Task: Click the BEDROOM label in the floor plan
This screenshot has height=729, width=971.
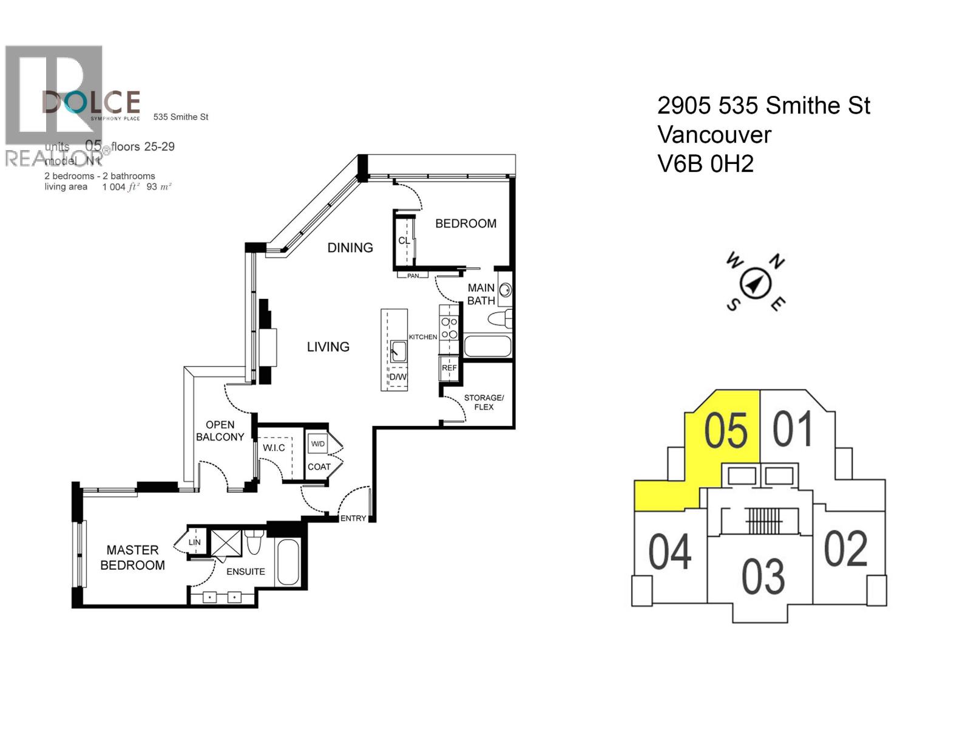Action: coord(465,224)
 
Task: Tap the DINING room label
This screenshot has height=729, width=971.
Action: coord(350,248)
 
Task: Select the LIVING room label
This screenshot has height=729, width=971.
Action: coord(328,347)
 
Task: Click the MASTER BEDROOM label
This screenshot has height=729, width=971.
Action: coord(132,558)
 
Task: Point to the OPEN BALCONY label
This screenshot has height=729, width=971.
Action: coord(220,431)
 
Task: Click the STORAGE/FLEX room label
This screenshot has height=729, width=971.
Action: coord(484,402)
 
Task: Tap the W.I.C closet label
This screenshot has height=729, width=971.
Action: coord(274,448)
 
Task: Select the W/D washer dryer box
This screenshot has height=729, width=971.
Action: coord(317,443)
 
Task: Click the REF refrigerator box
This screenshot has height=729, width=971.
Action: coord(449,368)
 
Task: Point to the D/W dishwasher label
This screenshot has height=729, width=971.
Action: coord(398,377)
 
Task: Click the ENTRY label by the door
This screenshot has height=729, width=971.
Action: coord(353,518)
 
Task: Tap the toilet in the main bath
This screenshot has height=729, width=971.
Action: coord(501,320)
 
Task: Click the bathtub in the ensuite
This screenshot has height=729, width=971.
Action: coord(288,562)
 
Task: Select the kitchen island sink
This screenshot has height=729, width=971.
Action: coord(398,351)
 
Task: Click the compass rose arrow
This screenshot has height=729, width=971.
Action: coord(756,283)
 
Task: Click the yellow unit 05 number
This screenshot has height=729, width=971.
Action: coord(726,431)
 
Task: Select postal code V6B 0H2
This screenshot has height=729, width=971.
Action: coord(705,164)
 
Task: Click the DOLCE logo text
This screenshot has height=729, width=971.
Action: coord(91,102)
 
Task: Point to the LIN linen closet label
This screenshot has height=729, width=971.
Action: coord(194,542)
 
